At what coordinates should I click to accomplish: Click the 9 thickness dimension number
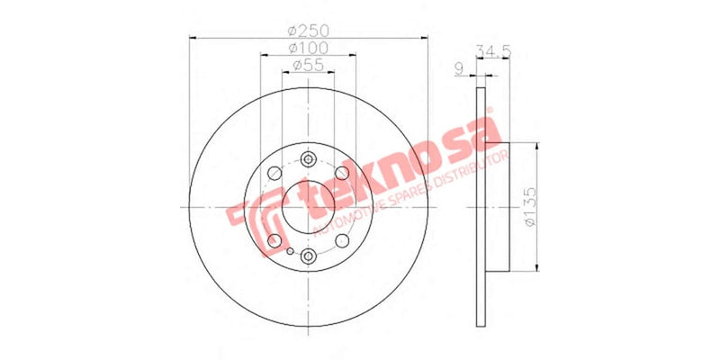460,68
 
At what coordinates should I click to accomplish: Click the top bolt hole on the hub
308,159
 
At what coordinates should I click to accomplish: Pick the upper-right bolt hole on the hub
342,175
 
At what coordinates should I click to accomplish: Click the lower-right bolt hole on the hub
342,240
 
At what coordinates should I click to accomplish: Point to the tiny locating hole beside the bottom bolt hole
291,251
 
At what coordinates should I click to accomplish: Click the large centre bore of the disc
308,208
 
